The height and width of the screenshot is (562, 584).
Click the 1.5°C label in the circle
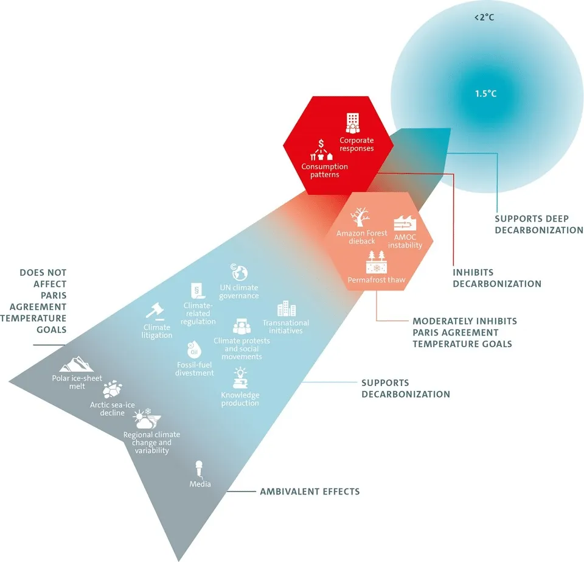coord(485,94)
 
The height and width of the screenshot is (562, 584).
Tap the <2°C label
coord(484,18)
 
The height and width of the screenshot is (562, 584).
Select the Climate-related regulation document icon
coord(196,290)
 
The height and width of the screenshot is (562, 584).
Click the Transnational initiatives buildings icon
coord(286,309)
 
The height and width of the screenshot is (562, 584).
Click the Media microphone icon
coord(198,469)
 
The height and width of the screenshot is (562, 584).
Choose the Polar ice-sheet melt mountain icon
coord(77,364)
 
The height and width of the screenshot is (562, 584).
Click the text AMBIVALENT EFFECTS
coord(310,491)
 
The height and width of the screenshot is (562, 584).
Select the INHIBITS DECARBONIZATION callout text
coord(496,278)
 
